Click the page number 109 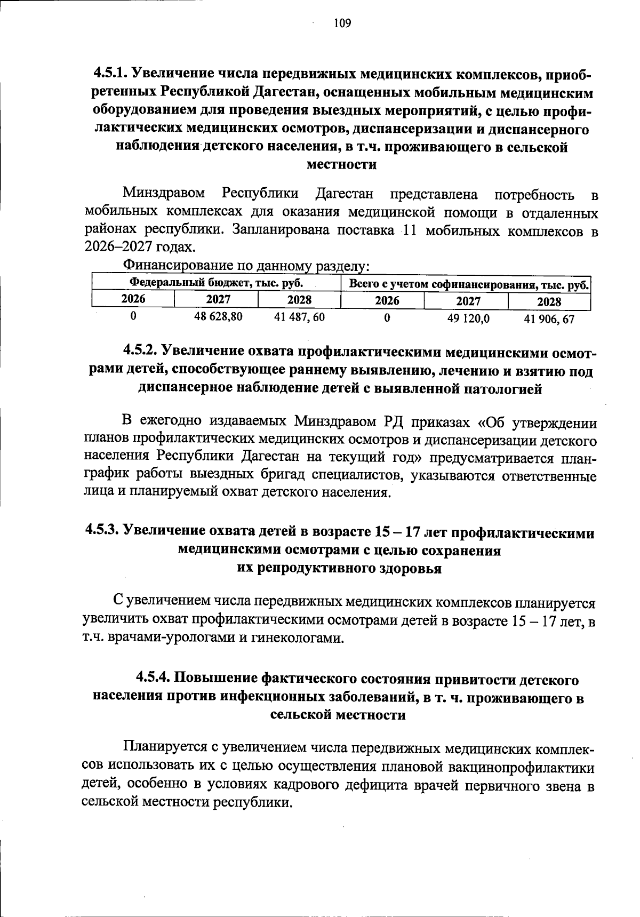342,23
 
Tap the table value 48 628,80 218,316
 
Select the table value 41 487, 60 299,317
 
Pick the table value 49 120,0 468,318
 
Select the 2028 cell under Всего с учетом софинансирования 549,302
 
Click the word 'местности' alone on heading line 342,165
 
